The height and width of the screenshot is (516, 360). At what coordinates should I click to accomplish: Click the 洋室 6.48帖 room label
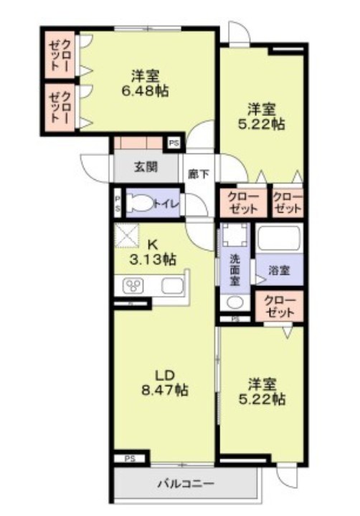pyautogui.click(x=146, y=83)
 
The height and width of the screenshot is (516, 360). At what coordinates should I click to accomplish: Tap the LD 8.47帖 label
pyautogui.click(x=165, y=383)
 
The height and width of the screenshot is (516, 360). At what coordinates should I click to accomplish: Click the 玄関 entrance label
pyautogui.click(x=146, y=167)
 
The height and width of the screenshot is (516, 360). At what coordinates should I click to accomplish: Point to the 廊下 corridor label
pyautogui.click(x=199, y=173)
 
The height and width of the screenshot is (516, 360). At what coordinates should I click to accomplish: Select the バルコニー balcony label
pyautogui.click(x=186, y=484)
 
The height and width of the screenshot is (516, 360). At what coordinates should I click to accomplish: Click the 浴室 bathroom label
pyautogui.click(x=279, y=270)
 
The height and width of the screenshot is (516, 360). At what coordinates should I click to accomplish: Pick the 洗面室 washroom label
pyautogui.click(x=235, y=269)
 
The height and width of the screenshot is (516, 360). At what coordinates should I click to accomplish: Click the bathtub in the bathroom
pyautogui.click(x=279, y=239)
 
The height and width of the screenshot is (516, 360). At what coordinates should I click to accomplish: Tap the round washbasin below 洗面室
pyautogui.click(x=235, y=302)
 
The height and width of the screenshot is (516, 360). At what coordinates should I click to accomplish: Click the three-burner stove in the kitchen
pyautogui.click(x=133, y=285)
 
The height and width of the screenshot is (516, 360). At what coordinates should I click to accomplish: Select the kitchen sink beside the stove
pyautogui.click(x=172, y=285)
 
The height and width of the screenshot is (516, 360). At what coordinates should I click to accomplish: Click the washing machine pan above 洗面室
pyautogui.click(x=235, y=235)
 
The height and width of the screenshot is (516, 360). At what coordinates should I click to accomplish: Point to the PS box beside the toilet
pyautogui.click(x=118, y=203)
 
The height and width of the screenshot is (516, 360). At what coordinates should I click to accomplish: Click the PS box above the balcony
pyautogui.click(x=130, y=459)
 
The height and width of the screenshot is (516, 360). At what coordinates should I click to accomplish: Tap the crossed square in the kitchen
pyautogui.click(x=126, y=236)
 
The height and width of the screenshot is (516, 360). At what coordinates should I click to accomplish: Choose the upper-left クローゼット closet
pyautogui.click(x=60, y=54)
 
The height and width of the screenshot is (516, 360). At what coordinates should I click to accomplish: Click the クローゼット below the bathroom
pyautogui.click(x=279, y=307)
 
